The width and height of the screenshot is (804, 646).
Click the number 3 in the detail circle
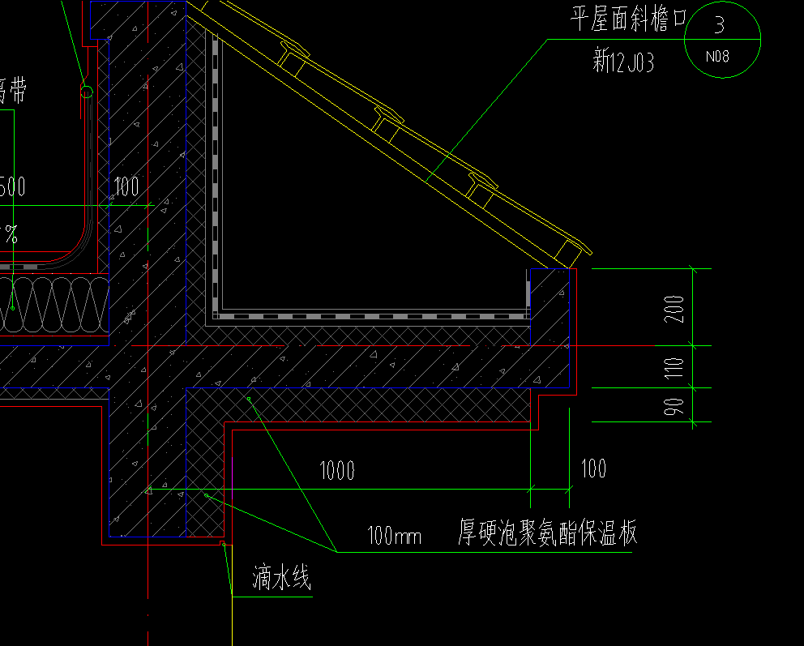tap(719, 25)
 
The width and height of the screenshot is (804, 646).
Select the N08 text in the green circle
tap(717, 57)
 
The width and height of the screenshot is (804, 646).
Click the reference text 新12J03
tap(623, 60)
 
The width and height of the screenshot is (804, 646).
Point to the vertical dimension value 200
tap(676, 309)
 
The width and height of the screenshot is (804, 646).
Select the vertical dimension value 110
tap(676, 367)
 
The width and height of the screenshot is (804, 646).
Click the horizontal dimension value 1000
tap(337, 470)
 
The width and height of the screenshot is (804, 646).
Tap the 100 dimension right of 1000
tap(593, 468)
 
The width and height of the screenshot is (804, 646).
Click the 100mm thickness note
tap(395, 536)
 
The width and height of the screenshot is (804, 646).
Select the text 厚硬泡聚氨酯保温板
tap(548, 533)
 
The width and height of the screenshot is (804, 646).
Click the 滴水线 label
tap(281, 579)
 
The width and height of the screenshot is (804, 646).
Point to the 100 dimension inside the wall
tap(126, 187)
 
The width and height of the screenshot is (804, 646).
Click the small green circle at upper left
tap(86, 92)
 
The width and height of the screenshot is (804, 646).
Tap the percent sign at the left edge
tap(11, 235)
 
